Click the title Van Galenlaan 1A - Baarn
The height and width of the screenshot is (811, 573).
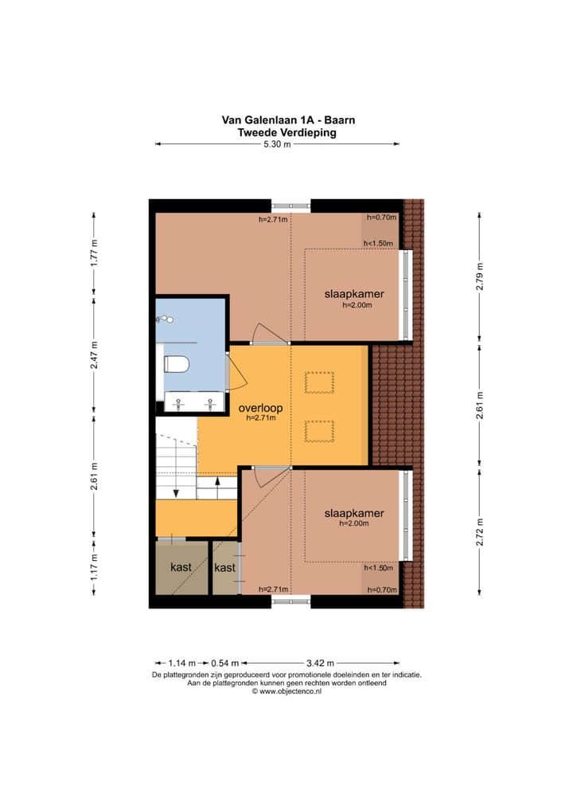tap(288, 120)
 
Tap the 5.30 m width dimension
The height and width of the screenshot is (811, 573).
tap(277, 144)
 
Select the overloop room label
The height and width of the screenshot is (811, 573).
tap(260, 408)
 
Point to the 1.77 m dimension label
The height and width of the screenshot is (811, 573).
tap(94, 254)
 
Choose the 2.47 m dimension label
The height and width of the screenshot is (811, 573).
tap(94, 355)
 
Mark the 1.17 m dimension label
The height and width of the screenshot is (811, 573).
tap(94, 567)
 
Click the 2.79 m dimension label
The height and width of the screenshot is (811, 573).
tap(479, 276)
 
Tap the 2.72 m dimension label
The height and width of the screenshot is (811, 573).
tap(479, 531)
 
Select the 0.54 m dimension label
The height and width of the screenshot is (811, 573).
tap(225, 663)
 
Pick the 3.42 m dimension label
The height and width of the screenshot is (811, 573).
tap(321, 663)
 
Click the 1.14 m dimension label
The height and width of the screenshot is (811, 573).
tap(182, 663)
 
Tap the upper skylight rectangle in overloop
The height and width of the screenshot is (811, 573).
tap(319, 382)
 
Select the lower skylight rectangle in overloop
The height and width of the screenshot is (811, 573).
tap(319, 431)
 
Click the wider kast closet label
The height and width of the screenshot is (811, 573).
tap(181, 567)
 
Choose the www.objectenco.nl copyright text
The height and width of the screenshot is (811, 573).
tap(286, 691)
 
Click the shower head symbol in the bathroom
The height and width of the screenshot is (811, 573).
tap(166, 319)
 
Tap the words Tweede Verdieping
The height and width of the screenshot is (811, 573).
tap(286, 132)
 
